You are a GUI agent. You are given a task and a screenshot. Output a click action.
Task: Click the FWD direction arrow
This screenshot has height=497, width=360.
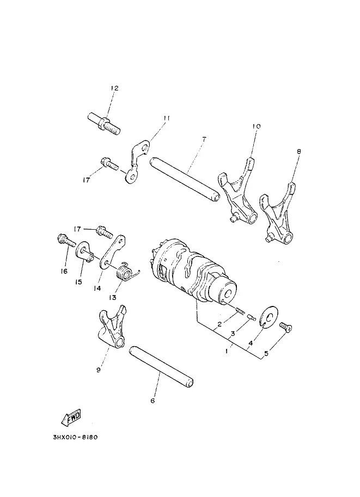point(71,417)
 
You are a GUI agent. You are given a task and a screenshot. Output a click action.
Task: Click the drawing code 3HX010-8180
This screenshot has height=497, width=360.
point(76,438)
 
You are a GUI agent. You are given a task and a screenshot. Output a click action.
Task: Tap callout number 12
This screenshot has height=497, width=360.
point(114,88)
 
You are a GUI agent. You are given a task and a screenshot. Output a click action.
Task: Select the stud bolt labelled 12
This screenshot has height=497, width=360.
point(103,124)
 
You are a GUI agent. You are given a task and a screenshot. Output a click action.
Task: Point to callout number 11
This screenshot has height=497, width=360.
point(167,118)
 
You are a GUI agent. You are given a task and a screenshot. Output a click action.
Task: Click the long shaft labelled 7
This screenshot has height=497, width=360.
point(184,179)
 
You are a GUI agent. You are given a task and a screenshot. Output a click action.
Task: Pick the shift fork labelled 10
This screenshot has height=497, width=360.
point(237,190)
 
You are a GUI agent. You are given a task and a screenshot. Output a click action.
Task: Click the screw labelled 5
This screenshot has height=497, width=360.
point(285,327)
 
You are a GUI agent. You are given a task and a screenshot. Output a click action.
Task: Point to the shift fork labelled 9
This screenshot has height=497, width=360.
point(112,327)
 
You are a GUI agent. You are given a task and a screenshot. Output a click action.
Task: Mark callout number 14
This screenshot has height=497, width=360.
point(97,288)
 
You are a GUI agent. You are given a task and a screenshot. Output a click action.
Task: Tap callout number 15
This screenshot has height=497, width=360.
point(78,282)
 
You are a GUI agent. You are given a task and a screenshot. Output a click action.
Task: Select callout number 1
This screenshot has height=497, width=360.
point(227,351)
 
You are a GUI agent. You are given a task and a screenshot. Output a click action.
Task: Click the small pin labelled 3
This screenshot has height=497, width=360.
point(251,316)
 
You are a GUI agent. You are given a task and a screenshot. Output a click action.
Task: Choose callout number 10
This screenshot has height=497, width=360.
point(257,126)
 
